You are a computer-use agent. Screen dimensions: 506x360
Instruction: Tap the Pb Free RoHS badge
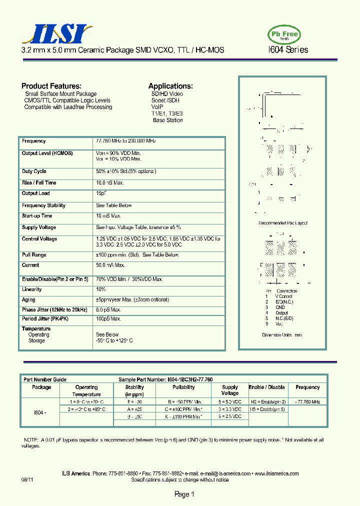pos(284,34)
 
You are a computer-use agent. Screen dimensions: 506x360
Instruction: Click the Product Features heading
pos(51,86)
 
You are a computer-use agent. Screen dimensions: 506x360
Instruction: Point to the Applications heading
pos(170,86)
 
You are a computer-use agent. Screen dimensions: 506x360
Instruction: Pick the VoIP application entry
pos(157,107)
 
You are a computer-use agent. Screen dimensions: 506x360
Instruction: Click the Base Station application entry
pos(167,120)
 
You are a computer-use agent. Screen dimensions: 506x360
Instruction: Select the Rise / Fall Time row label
pos(39,183)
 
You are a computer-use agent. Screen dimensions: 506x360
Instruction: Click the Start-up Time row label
pos(37,216)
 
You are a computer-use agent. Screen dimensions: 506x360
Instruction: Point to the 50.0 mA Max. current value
pos(110,265)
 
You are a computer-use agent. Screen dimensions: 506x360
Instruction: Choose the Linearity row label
pos(32,289)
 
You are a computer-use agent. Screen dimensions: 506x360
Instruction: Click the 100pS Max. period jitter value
pos(108,318)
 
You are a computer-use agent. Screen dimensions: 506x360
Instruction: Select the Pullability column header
pos(183,387)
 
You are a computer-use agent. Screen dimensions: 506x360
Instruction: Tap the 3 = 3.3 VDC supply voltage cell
pos(230,409)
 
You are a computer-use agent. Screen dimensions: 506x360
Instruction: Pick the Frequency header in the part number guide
pos(307,387)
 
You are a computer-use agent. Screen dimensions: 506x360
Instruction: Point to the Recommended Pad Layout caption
pos(283,223)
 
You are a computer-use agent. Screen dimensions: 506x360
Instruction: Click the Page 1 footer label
pos(184,494)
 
